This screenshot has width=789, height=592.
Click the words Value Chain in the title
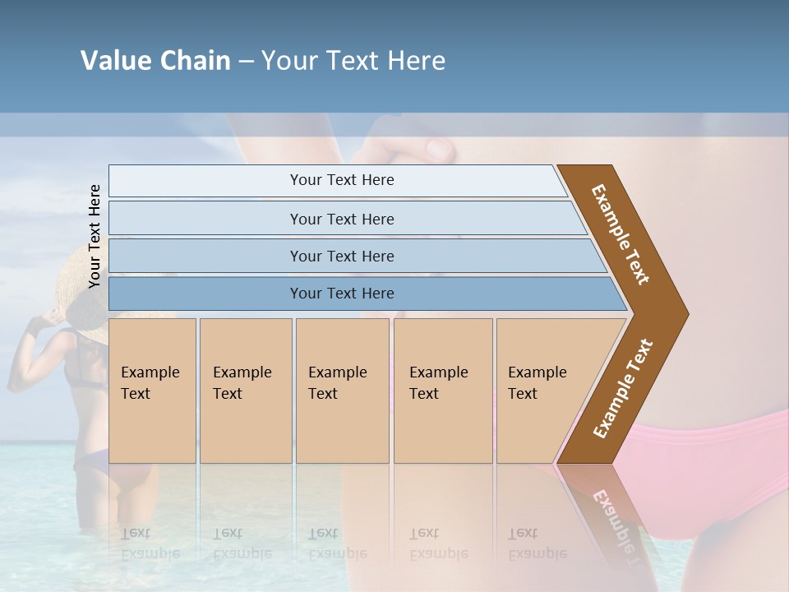pos(155,61)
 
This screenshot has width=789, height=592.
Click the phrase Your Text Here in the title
pos(353,61)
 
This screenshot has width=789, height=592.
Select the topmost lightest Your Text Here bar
pos(342,180)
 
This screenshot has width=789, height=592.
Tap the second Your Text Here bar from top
pos(342,219)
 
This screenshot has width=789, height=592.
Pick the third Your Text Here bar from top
pos(342,256)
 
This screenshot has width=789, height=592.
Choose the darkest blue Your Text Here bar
pos(342,294)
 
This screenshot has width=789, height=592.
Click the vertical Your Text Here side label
pos(95,236)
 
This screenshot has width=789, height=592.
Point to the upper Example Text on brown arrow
pos(621,234)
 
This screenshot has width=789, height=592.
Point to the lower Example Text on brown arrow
pos(623,389)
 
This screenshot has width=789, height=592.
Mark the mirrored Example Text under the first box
pos(150,543)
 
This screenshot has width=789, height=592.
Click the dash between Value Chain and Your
pos(246,62)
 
